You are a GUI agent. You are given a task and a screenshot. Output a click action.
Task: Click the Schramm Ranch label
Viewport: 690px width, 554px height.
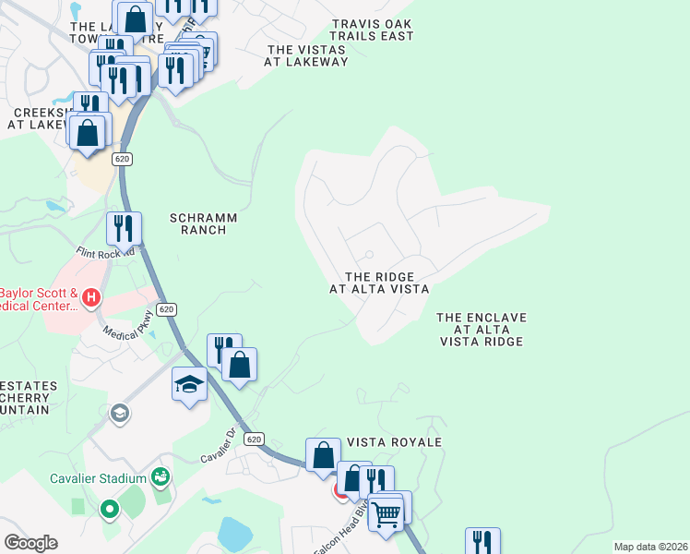(204, 223)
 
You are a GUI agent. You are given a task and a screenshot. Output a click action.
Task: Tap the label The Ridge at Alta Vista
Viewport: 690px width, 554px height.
(379, 283)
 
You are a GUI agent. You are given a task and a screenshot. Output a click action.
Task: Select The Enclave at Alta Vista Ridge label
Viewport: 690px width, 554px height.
(482, 330)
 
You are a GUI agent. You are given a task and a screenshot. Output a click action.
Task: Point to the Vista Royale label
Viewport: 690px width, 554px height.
(394, 442)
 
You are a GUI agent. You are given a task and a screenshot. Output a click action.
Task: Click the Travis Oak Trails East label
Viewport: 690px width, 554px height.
(372, 30)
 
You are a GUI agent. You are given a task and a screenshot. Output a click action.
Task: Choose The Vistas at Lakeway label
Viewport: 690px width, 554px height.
(307, 55)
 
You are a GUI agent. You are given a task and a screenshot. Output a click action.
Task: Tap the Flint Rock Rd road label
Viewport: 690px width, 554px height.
(106, 251)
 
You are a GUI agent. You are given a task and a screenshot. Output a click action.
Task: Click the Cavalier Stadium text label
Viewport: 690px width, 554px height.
(100, 478)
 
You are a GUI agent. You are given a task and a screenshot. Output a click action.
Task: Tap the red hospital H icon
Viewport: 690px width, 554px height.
(90, 297)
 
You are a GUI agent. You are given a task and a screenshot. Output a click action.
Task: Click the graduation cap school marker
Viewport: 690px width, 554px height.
(189, 383)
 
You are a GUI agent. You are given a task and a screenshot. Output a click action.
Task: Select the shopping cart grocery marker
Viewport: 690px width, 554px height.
(387, 513)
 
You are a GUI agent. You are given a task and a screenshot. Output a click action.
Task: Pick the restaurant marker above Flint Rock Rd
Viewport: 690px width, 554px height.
(124, 227)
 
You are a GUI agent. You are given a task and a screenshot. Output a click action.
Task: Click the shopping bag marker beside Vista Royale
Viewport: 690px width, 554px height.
(323, 454)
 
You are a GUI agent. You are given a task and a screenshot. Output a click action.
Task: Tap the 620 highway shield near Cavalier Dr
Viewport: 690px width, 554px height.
(255, 440)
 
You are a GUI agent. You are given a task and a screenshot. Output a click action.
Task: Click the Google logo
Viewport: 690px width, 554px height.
(31, 543)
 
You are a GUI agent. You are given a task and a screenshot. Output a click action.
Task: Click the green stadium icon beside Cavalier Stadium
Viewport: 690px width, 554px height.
(161, 476)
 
